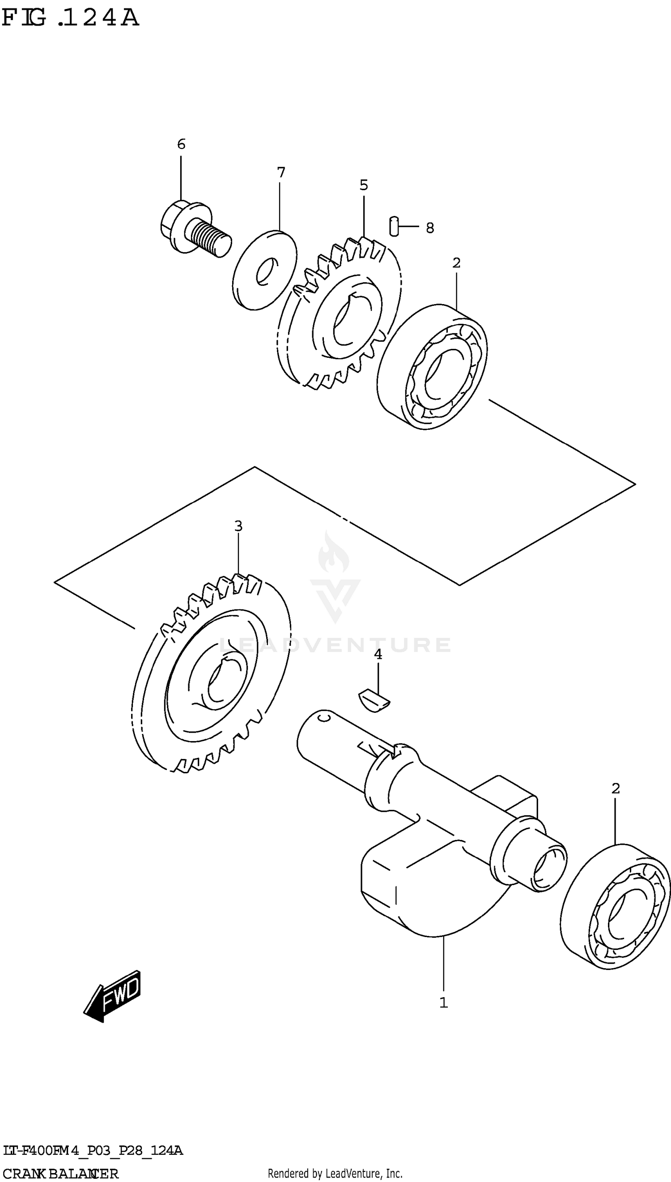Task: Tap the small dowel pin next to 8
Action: [x=394, y=226]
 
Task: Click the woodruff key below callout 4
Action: [x=374, y=701]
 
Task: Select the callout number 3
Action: [x=238, y=525]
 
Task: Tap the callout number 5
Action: [x=364, y=185]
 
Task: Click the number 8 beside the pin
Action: [x=429, y=228]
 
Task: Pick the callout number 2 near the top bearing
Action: [x=456, y=263]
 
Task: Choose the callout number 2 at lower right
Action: [x=616, y=788]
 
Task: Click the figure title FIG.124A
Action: [x=70, y=18]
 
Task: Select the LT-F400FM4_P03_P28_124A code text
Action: [x=92, y=1151]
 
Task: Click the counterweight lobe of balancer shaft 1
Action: [x=415, y=889]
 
